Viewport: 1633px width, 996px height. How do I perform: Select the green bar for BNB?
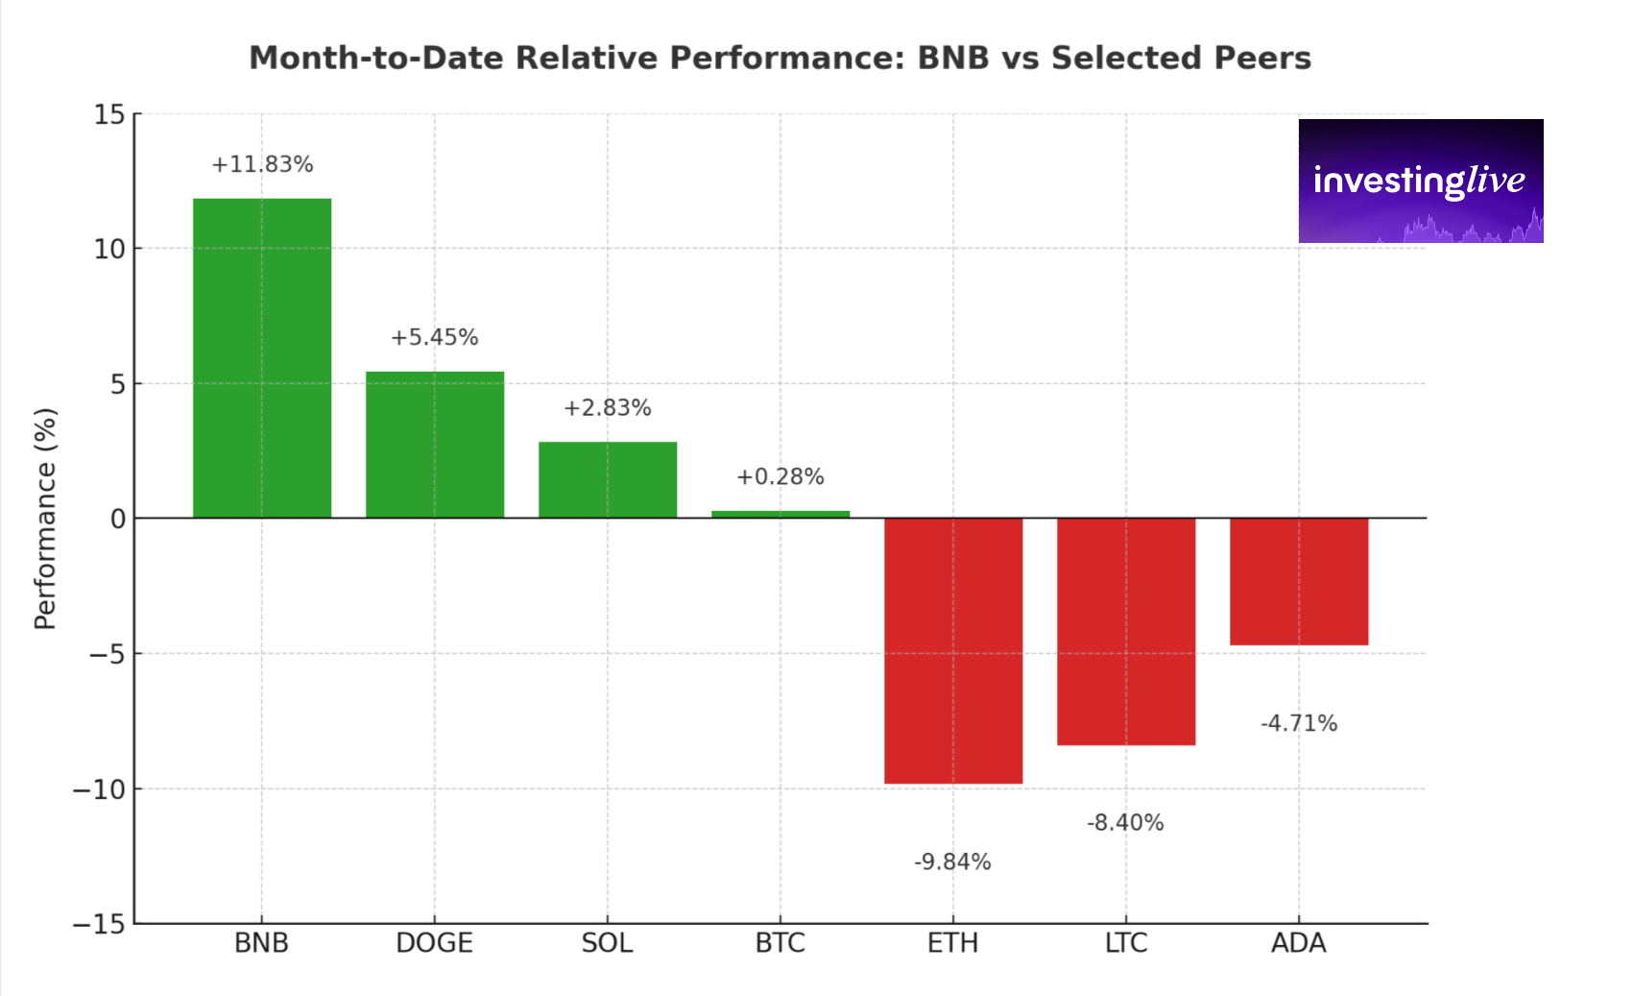[262, 357]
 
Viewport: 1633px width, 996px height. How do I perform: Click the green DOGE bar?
[435, 445]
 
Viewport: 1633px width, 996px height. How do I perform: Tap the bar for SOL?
[608, 479]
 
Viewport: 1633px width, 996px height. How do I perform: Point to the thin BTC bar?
[780, 514]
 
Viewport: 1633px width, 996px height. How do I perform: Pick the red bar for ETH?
[953, 650]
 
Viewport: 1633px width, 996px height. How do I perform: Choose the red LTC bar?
[1126, 631]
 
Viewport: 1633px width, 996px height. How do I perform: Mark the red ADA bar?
[1299, 581]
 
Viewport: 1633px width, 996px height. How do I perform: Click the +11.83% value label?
[262, 164]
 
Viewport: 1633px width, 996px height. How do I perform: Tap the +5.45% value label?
[434, 337]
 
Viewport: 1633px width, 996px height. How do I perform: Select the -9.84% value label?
[952, 862]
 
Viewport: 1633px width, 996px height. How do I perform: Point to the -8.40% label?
[1125, 822]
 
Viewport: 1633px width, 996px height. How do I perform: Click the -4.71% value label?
[1299, 723]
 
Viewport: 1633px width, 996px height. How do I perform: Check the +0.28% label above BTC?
[780, 476]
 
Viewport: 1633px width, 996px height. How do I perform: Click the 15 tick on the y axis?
[109, 115]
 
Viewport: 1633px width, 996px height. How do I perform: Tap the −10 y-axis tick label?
[99, 790]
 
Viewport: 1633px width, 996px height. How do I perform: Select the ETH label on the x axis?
[952, 943]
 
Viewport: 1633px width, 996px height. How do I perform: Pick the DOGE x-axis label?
[434, 943]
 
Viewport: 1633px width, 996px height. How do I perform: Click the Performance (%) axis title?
[45, 519]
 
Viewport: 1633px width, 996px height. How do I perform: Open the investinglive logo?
[1420, 181]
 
